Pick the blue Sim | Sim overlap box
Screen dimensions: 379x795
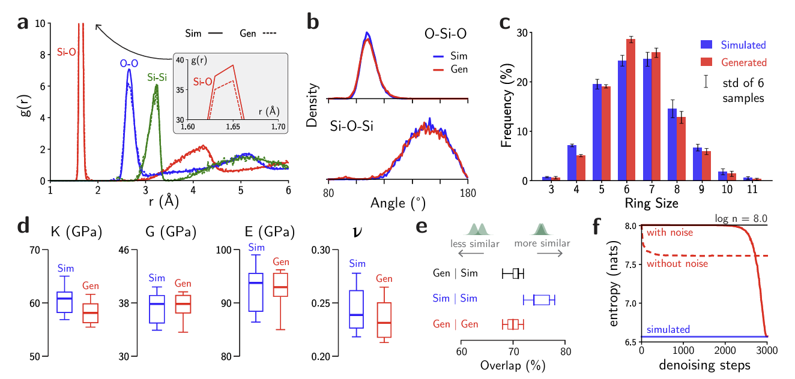[x=542, y=300]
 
